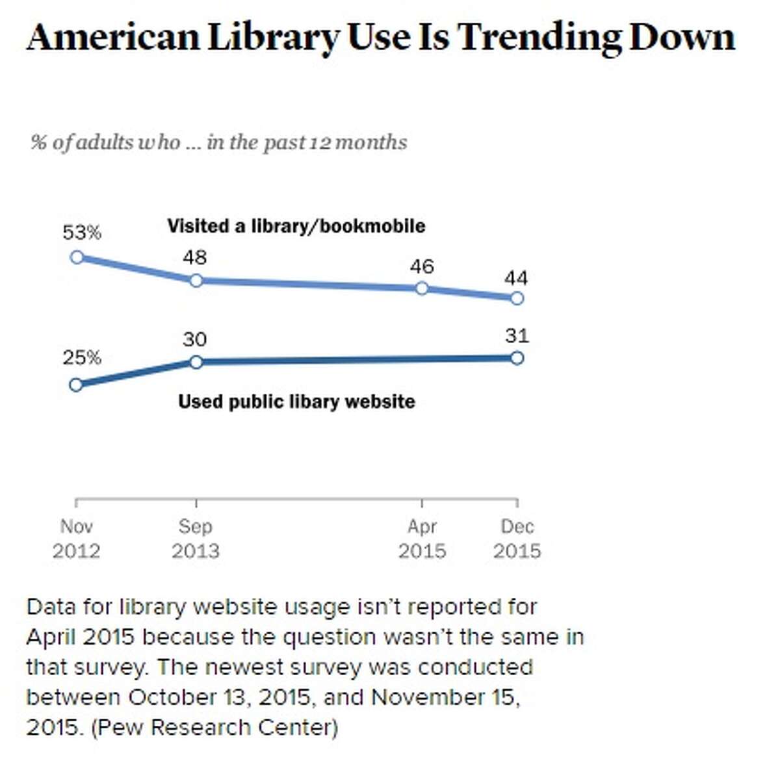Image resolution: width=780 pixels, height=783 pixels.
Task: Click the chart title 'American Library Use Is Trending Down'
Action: point(381,38)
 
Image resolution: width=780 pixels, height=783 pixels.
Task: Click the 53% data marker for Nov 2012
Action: point(77,257)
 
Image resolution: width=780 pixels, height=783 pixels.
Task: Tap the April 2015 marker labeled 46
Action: point(422,288)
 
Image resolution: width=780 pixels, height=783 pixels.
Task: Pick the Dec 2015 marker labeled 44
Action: point(517,298)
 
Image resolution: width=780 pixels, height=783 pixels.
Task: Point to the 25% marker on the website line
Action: point(76,385)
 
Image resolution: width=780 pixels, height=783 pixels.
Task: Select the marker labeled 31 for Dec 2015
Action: point(517,358)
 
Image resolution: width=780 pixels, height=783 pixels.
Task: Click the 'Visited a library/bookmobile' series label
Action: point(296,226)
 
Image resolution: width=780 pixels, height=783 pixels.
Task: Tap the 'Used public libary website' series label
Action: point(296,402)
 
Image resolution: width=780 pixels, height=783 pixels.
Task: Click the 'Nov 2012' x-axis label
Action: point(77,539)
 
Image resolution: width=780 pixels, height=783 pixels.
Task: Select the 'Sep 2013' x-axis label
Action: point(195,539)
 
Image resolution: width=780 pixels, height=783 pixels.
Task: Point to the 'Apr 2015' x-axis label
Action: point(422,539)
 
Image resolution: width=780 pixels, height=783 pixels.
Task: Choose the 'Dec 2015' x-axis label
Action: point(517,539)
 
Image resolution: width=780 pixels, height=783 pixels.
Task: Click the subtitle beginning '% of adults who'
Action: point(218,142)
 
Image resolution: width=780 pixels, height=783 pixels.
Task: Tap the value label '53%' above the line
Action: point(82,233)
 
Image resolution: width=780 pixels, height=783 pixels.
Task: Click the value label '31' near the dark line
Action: point(517,336)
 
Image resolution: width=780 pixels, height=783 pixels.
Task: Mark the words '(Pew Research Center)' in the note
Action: point(214,726)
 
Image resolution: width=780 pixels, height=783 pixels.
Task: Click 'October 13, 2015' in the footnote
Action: point(218,697)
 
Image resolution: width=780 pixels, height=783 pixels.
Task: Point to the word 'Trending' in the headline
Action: point(539,38)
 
